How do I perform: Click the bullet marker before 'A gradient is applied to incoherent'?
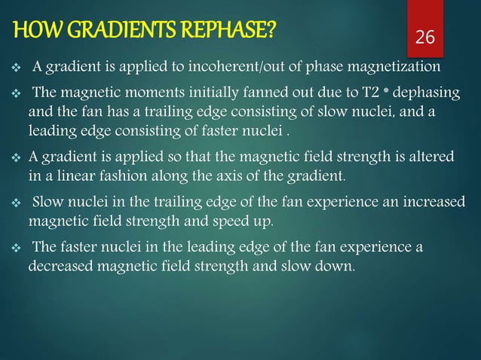point(14,68)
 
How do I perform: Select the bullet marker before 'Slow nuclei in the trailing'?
point(14,203)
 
